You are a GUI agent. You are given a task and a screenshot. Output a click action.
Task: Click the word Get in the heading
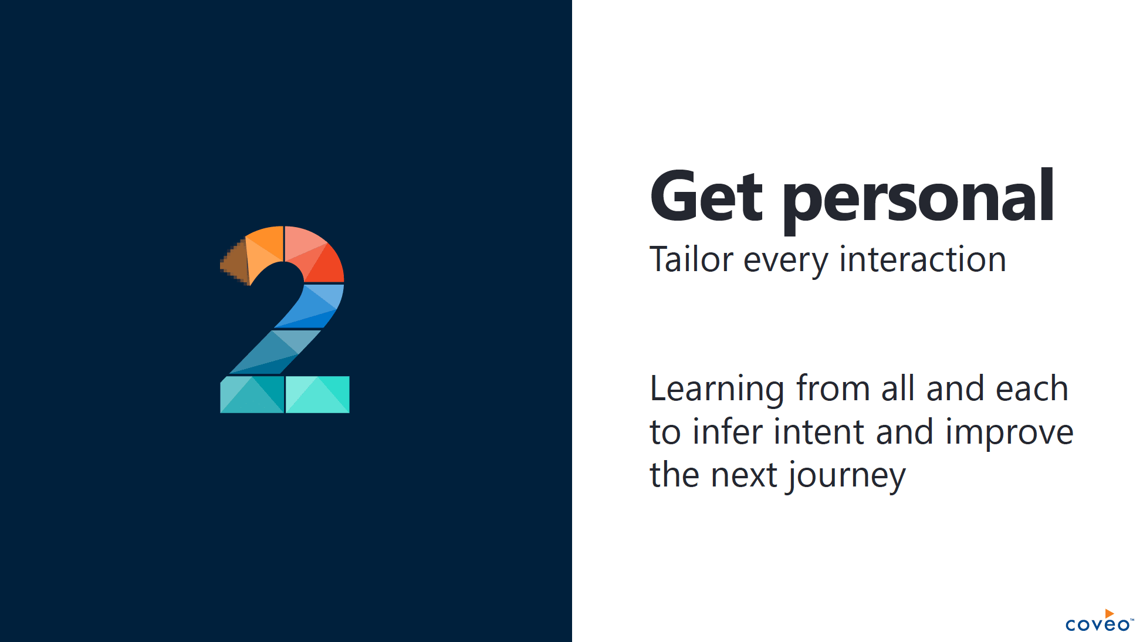tap(706, 197)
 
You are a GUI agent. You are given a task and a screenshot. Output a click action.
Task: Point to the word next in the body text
tap(744, 475)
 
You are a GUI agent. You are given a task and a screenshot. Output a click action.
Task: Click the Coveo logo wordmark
tap(1097, 624)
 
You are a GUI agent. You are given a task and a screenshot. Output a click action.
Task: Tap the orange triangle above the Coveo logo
tap(1109, 613)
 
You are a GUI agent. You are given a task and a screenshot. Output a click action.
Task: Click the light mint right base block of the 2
tap(317, 394)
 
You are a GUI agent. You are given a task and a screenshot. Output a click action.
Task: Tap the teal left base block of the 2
tap(252, 394)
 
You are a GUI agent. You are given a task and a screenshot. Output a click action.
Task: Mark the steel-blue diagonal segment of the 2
tap(275, 352)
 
